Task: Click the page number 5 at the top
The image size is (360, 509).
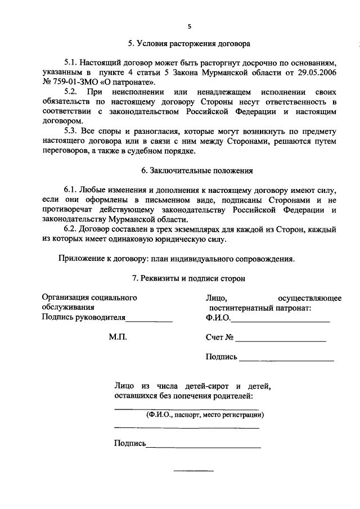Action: [190, 26]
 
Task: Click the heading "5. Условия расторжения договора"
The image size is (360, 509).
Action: [189, 43]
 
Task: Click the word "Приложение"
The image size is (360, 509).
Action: [82, 259]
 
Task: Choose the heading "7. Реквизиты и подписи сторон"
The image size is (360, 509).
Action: [188, 278]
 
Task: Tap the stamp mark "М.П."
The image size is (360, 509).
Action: [118, 336]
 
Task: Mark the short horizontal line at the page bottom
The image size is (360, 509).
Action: [193, 470]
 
